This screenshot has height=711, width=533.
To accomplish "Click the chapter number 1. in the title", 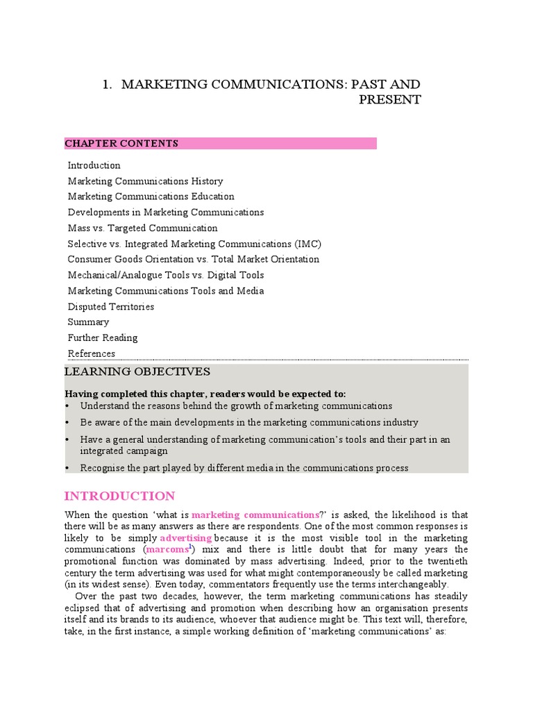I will pos(107,85).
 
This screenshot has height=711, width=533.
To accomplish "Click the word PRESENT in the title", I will pos(389,100).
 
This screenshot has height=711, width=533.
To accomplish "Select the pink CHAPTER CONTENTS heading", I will pos(121,144).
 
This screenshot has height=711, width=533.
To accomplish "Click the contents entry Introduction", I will pos(94,165).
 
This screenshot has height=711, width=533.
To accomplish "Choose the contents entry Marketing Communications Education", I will pos(151,196).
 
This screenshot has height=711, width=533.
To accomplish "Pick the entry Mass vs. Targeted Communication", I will pos(142,228).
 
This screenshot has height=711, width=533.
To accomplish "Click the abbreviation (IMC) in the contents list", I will pos(307,244).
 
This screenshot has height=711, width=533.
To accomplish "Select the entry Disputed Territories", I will pos(111,306).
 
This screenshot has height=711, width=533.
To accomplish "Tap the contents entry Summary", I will pos(88,322).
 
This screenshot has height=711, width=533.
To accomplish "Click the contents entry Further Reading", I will pos(103,337).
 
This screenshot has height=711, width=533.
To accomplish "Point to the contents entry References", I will pos(92,353).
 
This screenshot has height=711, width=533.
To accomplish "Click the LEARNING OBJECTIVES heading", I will pos(137,372).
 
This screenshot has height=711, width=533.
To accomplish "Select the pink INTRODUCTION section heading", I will pos(119,496).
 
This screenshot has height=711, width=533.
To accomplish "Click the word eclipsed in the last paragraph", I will pos(83,608).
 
